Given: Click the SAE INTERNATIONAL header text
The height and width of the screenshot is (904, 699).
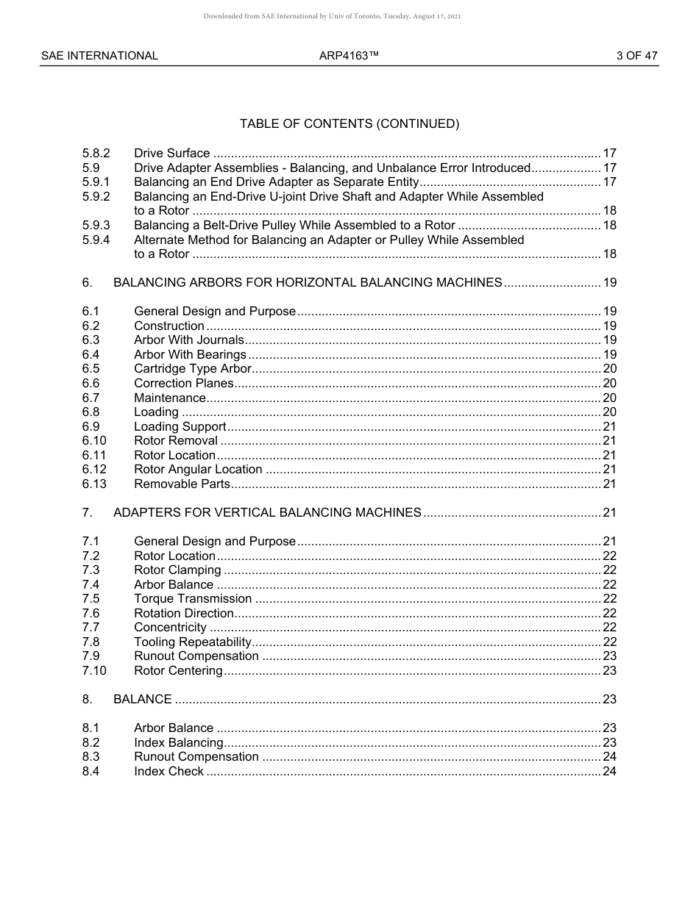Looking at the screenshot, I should point(99,56).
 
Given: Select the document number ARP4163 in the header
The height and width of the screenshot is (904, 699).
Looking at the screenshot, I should point(349,56).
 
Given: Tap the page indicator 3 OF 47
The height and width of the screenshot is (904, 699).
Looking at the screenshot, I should point(637,56).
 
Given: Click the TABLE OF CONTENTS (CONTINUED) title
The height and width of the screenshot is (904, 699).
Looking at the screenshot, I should point(349,124).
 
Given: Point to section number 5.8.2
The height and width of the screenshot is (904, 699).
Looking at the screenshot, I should point(96,154).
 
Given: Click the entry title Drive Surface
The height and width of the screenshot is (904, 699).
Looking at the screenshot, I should point(171,154).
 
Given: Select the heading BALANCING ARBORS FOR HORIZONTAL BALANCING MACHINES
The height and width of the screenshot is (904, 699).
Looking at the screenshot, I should point(308,283).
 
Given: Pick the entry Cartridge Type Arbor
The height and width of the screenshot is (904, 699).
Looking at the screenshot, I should point(193,369).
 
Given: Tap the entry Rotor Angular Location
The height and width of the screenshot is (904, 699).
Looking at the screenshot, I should point(198,470).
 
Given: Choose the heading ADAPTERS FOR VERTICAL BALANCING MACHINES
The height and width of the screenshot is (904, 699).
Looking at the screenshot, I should point(267,513).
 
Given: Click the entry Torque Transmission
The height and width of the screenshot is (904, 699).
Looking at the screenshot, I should point(193,599).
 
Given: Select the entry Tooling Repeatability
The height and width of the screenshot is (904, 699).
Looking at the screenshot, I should point(193,642).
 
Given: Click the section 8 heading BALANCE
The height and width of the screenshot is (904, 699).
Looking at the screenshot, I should point(143,700).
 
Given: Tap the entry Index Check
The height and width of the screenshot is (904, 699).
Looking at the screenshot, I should point(168,772).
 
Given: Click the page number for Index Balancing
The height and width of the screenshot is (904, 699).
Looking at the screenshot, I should point(609,743).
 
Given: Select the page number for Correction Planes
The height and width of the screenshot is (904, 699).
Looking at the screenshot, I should point(609,384).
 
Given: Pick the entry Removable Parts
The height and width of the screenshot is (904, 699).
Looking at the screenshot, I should point(182,484).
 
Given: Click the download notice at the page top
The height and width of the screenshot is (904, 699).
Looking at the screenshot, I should point(332,17).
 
